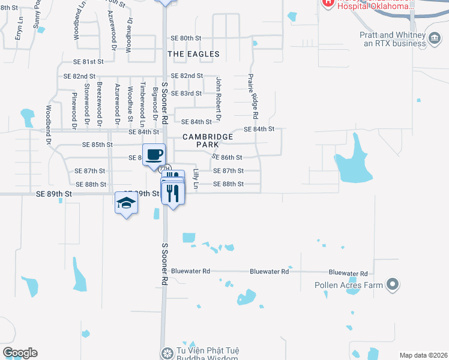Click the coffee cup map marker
click(x=154, y=154)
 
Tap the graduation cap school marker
click(x=127, y=204)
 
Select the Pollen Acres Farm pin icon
click(x=393, y=284)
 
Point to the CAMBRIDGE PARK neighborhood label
click(x=208, y=141)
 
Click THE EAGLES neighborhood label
click(x=193, y=54)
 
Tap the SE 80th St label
click(x=185, y=38)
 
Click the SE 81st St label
click(x=88, y=62)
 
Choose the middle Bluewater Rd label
click(x=269, y=272)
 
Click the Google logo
click(x=20, y=353)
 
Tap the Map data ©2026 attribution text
click(x=423, y=355)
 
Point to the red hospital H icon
click(x=328, y=2)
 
